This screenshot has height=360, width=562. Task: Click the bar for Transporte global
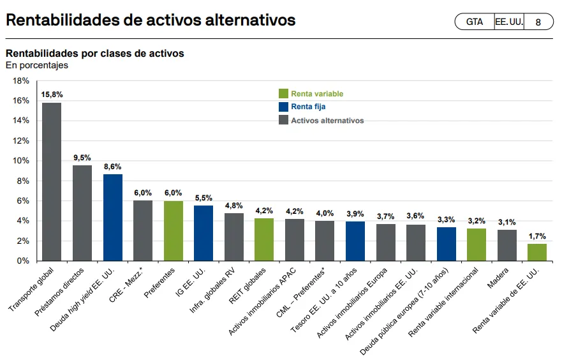click(52, 182)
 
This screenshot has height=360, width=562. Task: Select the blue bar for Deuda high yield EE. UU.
click(113, 218)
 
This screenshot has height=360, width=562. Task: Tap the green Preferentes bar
click(174, 231)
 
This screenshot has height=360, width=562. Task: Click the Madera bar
click(507, 245)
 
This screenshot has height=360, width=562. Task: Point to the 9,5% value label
click(82, 158)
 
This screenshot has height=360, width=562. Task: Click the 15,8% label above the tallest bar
click(52, 94)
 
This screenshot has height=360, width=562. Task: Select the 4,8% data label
click(234, 206)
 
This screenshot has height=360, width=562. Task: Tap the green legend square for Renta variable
click(283, 94)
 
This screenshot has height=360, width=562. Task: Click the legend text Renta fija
click(308, 107)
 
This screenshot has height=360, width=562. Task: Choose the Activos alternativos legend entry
click(321, 120)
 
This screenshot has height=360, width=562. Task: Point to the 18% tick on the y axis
click(21, 81)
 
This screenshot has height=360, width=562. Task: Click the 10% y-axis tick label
click(21, 161)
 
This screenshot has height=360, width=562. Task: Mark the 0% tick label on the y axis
click(23, 260)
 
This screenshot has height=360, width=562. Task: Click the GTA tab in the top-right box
click(475, 22)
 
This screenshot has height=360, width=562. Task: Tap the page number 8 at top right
click(538, 22)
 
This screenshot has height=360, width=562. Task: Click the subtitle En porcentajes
click(37, 65)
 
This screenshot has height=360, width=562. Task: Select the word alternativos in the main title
click(250, 20)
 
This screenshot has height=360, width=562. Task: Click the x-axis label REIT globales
click(248, 286)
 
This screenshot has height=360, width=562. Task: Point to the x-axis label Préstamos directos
click(59, 292)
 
